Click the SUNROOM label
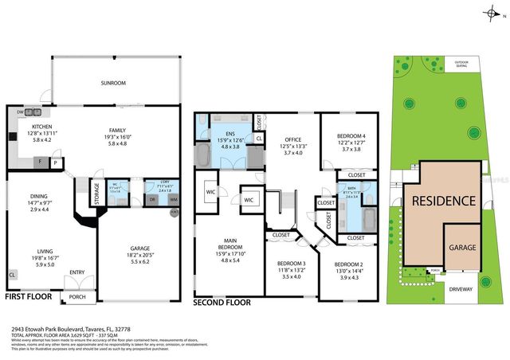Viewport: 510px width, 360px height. [x=115, y=81]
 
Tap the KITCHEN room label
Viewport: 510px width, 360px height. [x=41, y=126]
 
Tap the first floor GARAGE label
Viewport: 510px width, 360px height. [x=139, y=248]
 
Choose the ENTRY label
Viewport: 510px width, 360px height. [x=77, y=272]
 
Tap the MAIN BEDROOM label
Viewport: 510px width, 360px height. [x=229, y=242]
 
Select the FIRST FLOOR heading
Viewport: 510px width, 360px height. [x=30, y=296]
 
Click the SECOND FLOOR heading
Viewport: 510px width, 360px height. [x=226, y=303]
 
